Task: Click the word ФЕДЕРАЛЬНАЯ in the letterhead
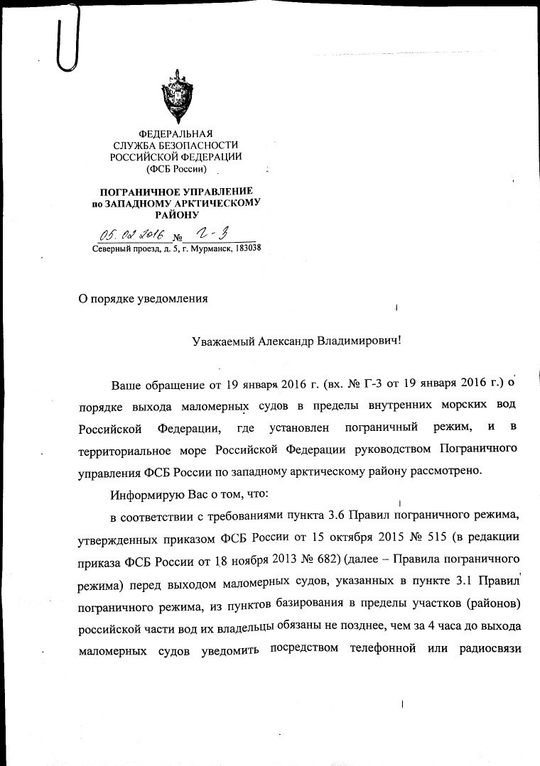(175, 134)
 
